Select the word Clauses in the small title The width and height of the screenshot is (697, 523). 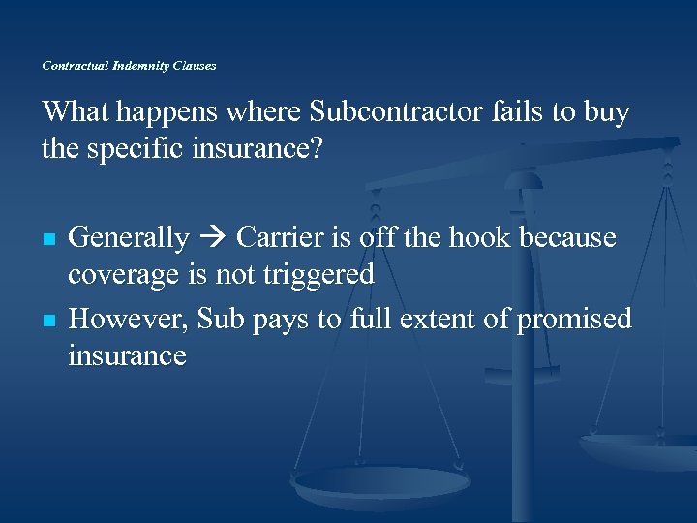(194, 66)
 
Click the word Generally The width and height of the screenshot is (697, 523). (129, 237)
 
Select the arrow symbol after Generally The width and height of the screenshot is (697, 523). (213, 238)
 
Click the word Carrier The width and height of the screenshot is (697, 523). (282, 237)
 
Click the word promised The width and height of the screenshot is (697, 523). (573, 319)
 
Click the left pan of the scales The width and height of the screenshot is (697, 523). (382, 481)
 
